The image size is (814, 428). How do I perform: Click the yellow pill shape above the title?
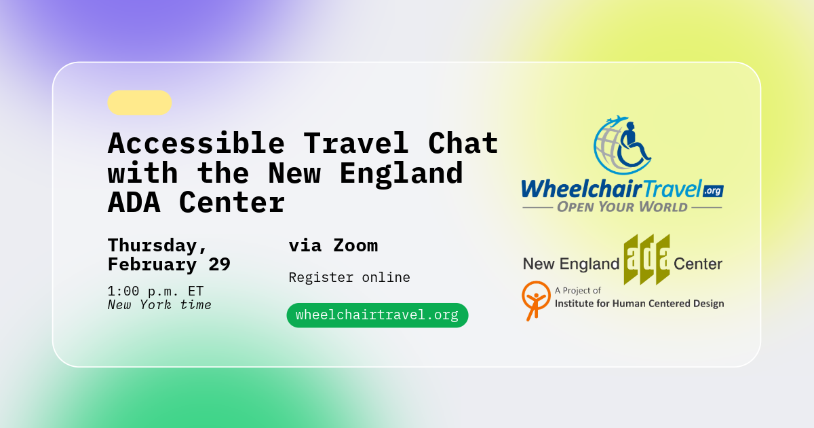point(139,103)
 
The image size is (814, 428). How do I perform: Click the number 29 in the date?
point(215,264)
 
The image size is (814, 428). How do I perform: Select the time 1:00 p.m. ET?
point(155,291)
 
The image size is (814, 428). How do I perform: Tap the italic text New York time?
point(159,305)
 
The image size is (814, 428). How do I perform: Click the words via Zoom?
point(333,245)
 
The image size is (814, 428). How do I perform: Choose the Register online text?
point(349,277)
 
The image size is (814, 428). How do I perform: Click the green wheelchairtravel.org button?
point(377,315)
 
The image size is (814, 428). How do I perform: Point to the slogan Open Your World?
point(622,207)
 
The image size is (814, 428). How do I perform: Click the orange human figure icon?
point(536,300)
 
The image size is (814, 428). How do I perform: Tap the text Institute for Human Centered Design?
point(639,304)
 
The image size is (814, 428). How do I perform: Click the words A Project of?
point(578,291)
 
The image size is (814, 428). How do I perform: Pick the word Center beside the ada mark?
point(698,264)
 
